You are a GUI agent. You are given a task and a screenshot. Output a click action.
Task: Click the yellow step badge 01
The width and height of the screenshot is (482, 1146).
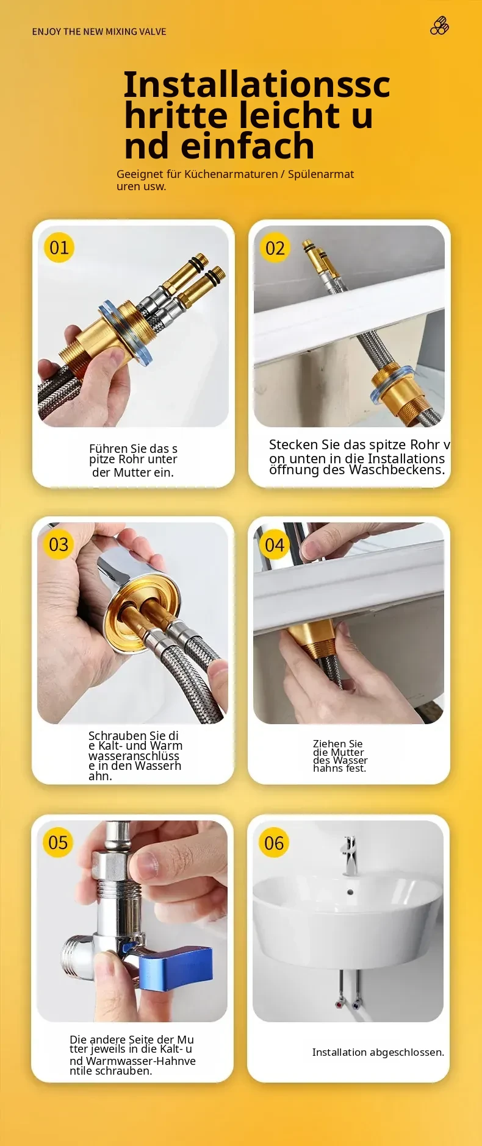59,247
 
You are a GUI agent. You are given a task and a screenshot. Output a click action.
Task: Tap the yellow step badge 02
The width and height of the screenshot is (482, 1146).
275,248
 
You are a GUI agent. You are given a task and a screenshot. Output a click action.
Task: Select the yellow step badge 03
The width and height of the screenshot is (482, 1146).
59,544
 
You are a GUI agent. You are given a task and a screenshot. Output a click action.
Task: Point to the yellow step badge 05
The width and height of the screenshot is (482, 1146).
58,842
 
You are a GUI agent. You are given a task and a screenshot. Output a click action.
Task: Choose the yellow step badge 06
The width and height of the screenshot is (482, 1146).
274,843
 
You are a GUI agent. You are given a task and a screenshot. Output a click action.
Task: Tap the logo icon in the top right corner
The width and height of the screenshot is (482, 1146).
440,26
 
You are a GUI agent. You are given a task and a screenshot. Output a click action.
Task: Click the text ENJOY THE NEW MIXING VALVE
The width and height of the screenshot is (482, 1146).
99,32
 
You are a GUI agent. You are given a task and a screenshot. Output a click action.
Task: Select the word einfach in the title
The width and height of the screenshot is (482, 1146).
248,146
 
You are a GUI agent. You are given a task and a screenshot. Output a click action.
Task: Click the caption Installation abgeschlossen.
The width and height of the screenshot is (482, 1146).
378,1052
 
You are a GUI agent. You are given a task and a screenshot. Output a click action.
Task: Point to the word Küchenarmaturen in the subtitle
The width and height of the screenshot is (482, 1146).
231,174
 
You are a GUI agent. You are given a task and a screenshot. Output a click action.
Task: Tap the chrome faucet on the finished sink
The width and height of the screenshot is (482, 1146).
350,856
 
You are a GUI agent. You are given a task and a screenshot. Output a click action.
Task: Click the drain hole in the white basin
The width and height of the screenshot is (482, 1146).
350,892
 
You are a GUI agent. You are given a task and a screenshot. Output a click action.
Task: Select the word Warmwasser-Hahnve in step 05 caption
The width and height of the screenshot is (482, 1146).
141,1061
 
